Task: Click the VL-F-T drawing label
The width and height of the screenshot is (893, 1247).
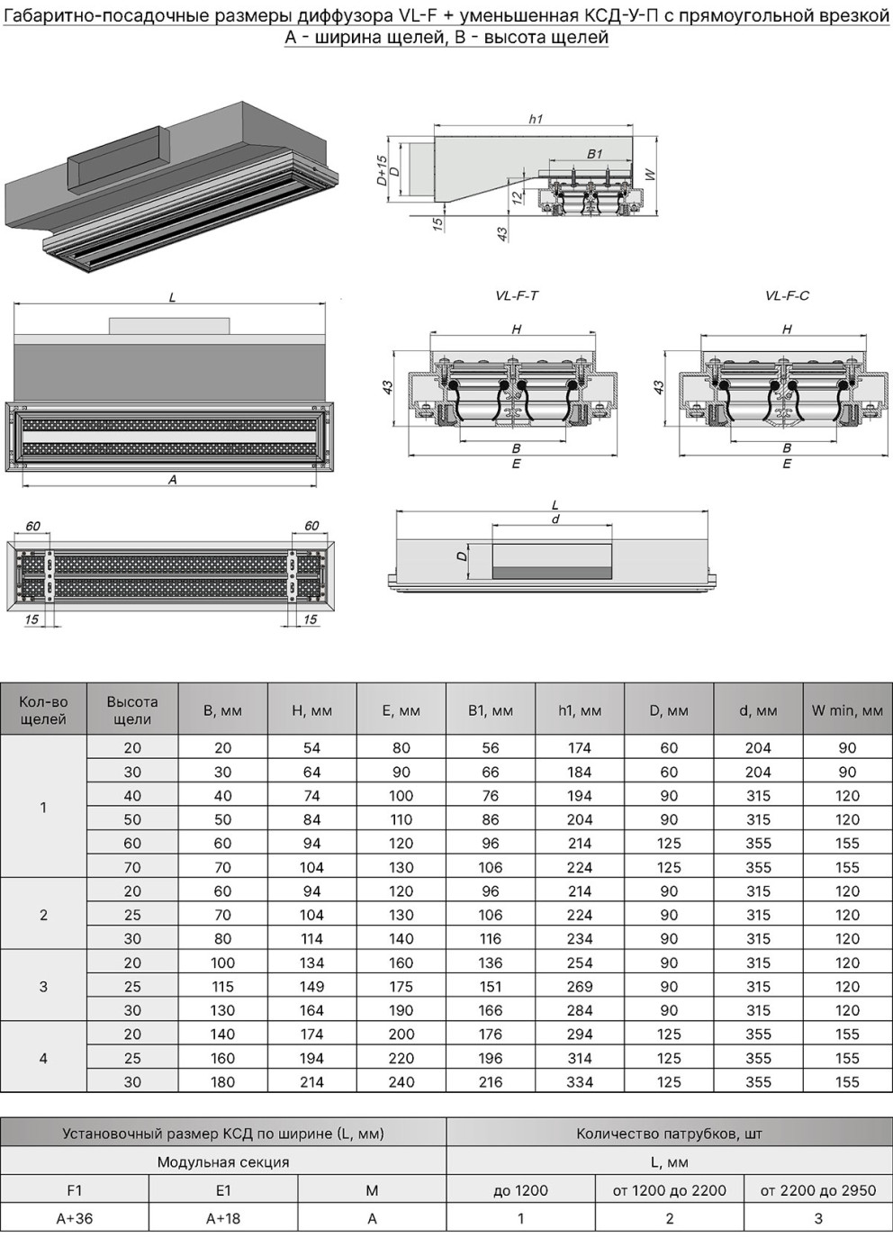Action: pos(517,295)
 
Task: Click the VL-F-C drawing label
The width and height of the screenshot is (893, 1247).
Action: pos(787,295)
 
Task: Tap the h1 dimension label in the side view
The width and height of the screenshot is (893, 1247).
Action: pos(536,119)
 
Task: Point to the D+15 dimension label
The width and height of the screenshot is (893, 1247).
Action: pos(382,170)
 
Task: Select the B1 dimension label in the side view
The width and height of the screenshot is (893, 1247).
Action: pos(595,154)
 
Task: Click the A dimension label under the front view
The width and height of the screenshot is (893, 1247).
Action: pos(173,479)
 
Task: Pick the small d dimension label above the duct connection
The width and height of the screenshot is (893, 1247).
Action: pos(555,520)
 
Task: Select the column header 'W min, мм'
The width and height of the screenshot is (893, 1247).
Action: pos(847,710)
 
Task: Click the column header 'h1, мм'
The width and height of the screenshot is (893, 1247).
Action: pos(580,710)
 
